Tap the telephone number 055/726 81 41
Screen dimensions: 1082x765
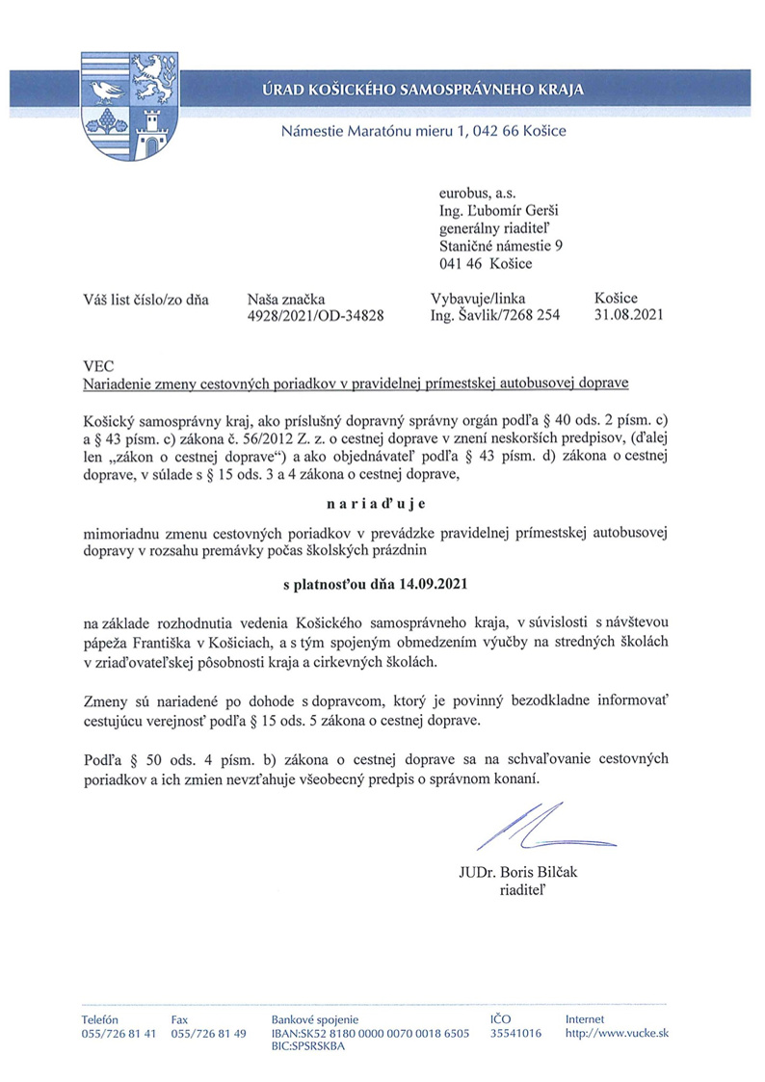tap(118, 1033)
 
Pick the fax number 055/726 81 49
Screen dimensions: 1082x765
tap(208, 1033)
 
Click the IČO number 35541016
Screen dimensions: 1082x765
tap(515, 1033)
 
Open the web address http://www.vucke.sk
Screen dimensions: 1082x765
tap(617, 1033)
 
